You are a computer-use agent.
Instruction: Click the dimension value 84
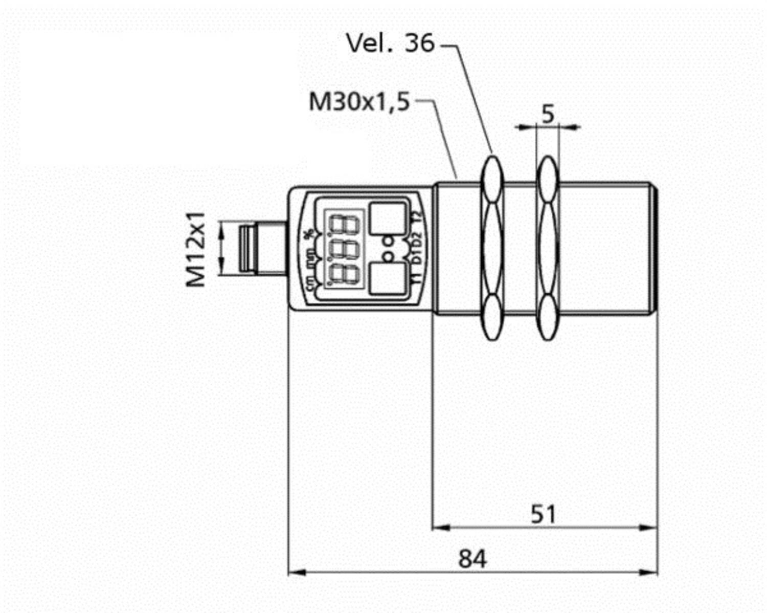point(472,559)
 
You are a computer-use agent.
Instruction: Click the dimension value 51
point(543,514)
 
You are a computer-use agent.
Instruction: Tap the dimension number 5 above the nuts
point(548,114)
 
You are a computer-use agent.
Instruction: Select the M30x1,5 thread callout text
point(359,102)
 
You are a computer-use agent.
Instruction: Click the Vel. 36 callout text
point(390,43)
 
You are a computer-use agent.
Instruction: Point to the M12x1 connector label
point(195,249)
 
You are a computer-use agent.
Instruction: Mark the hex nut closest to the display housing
point(492,248)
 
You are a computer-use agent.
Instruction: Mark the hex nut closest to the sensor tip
point(548,248)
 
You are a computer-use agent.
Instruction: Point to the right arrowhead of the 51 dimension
point(650,528)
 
